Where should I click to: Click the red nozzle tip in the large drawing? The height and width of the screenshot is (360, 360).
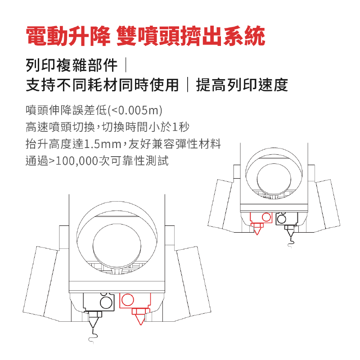[x=140, y=324]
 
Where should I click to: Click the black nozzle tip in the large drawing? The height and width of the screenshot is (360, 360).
[x=93, y=328]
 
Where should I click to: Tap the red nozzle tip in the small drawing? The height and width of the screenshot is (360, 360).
[x=257, y=234]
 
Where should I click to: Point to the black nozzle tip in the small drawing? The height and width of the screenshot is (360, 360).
[x=291, y=237]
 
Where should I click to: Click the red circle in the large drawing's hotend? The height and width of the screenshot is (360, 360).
[x=127, y=300]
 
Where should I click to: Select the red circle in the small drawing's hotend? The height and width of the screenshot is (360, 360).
[x=266, y=217]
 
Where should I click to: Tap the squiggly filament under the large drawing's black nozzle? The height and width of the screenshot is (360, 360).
[x=93, y=337]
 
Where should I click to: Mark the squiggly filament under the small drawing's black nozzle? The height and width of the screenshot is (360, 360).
[x=291, y=243]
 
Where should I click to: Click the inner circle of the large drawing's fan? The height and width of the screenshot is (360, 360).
[x=117, y=246]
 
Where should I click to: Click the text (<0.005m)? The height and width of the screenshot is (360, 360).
[x=135, y=110]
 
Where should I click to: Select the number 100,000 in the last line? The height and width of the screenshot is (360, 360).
[x=77, y=161]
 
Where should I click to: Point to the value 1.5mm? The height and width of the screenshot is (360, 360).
[x=103, y=144]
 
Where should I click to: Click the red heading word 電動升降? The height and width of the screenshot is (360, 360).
[x=68, y=36]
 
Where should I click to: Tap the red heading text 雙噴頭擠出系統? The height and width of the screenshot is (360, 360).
[x=191, y=36]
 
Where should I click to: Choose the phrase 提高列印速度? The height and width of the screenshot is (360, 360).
[x=242, y=85]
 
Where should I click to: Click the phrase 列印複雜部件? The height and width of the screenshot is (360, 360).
[x=72, y=65]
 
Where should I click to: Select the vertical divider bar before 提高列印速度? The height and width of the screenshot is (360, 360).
[x=188, y=85]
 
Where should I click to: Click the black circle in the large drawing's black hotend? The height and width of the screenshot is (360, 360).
[x=106, y=302]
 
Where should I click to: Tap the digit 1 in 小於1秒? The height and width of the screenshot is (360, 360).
[x=175, y=127]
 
